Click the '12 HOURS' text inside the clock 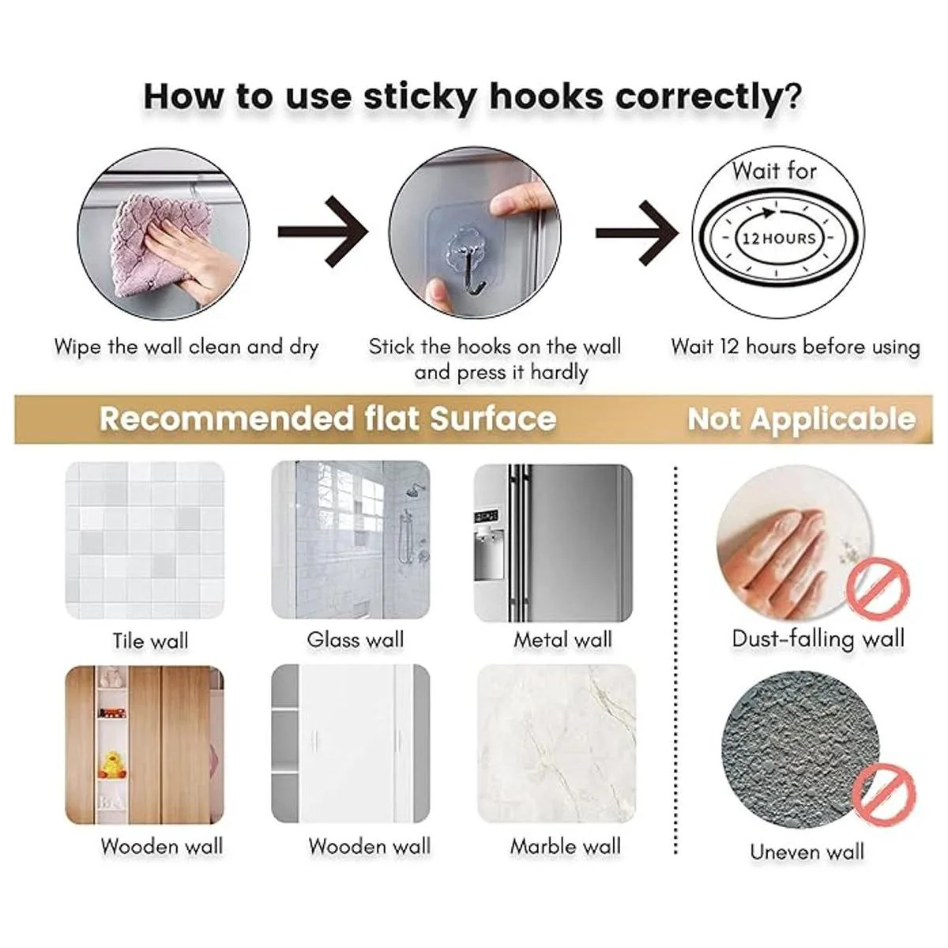pyautogui.click(x=779, y=239)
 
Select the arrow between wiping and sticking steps pyautogui.click(x=323, y=231)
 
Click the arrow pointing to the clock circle pyautogui.click(x=638, y=233)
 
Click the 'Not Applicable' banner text pyautogui.click(x=801, y=419)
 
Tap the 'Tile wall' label pyautogui.click(x=150, y=641)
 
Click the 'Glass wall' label pyautogui.click(x=355, y=640)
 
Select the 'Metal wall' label pyautogui.click(x=562, y=640)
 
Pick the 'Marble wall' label pyautogui.click(x=566, y=847)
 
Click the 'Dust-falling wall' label pyautogui.click(x=818, y=639)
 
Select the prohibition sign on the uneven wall pyautogui.click(x=884, y=794)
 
